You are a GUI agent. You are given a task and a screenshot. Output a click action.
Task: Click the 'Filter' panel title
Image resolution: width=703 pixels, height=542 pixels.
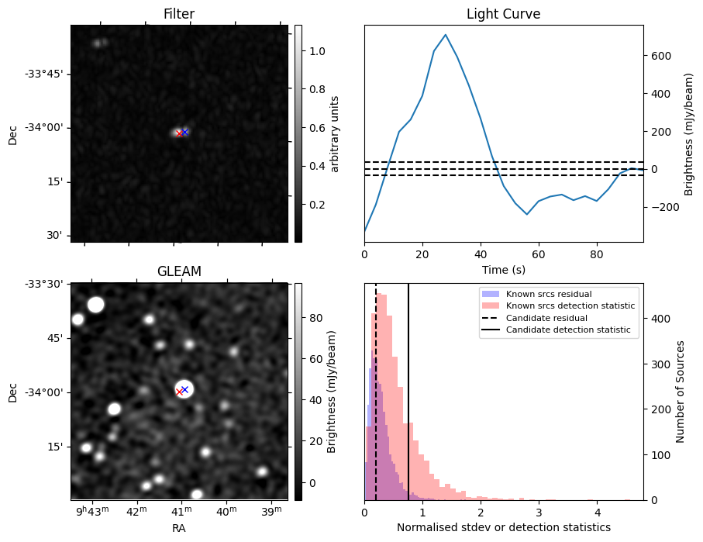(178, 14)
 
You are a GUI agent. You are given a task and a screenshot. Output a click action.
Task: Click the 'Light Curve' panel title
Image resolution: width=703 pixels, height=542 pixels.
(503, 14)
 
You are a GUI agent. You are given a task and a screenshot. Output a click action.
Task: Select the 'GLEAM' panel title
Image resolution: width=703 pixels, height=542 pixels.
(178, 271)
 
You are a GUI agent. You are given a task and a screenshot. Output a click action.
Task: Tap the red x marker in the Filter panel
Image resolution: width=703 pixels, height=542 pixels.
(179, 133)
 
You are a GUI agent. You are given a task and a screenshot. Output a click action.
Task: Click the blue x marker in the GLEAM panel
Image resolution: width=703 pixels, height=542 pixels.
(184, 389)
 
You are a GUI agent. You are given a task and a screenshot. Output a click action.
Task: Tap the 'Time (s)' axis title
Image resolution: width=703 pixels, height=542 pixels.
(503, 268)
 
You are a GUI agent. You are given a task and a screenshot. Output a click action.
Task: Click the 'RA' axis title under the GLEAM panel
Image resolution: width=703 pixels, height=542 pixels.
(178, 528)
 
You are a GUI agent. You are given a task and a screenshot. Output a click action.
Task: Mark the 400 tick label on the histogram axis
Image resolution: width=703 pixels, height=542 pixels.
(658, 318)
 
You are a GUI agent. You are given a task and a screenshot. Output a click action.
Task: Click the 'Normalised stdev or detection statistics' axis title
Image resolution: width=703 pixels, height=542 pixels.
(503, 528)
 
